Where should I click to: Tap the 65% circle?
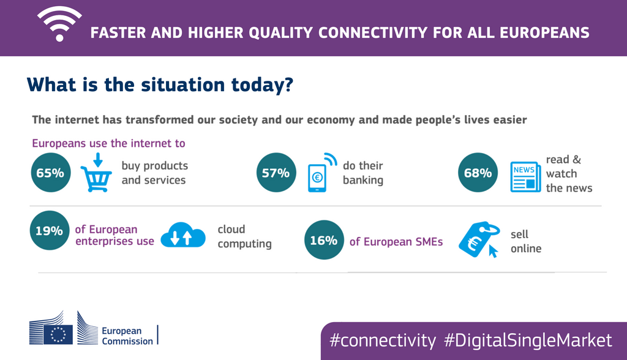[50, 173]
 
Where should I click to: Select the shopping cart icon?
[97, 173]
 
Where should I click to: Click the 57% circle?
[276, 173]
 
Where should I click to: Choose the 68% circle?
[478, 173]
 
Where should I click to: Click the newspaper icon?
[526, 178]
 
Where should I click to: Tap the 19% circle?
[49, 231]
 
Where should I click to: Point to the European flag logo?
[59, 333]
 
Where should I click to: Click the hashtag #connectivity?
[383, 340]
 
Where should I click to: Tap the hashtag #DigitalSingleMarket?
[528, 340]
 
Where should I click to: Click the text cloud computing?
[244, 236]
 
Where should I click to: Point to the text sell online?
[525, 241]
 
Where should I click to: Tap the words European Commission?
[127, 335]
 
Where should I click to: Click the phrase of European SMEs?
[396, 241]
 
